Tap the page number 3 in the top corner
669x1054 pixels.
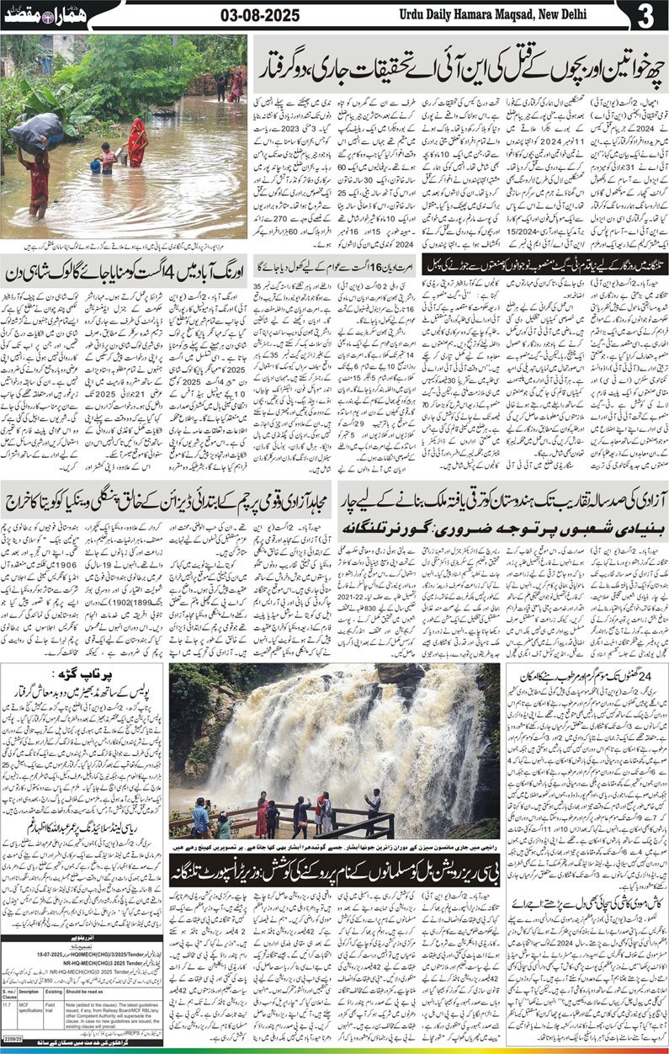pyautogui.click(x=645, y=15)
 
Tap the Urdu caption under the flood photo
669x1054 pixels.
pyautogui.click(x=124, y=245)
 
